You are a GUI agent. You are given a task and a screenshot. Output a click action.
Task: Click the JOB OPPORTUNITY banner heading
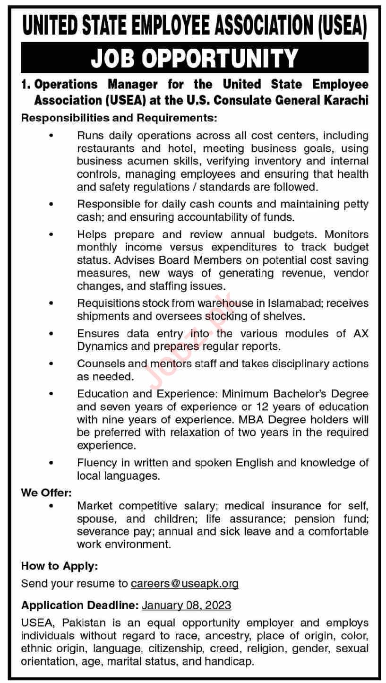coord(194,59)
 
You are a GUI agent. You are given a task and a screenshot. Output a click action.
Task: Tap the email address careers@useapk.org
coord(185,583)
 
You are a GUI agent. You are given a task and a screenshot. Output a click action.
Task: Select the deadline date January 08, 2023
coord(186,605)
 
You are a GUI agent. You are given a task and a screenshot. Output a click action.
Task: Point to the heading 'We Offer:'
coord(46,493)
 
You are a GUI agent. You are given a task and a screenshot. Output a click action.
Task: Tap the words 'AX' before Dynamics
coord(360,333)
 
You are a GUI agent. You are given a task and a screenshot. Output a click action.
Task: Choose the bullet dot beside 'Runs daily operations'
coord(51,136)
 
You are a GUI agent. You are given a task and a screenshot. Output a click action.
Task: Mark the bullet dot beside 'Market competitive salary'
coord(51,506)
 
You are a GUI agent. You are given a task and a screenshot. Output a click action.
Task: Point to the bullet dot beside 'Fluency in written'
coord(51,463)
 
